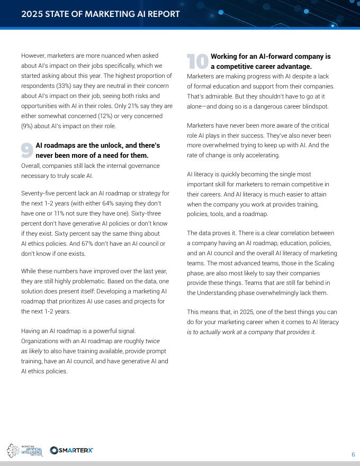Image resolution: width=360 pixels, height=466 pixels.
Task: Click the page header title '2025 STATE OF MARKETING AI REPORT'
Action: [x=100, y=14]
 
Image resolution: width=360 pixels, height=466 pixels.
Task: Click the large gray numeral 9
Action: [x=27, y=150]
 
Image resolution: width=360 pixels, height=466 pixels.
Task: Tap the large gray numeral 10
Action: [x=198, y=61]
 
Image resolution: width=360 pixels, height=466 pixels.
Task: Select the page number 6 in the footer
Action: [x=353, y=454]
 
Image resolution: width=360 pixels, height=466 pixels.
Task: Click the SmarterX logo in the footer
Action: [x=71, y=450]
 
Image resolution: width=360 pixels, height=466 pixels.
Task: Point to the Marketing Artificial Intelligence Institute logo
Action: [x=24, y=451]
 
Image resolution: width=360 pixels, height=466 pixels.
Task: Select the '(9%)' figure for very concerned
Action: [x=29, y=126]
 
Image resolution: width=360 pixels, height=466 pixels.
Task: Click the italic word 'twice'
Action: [x=152, y=341]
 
